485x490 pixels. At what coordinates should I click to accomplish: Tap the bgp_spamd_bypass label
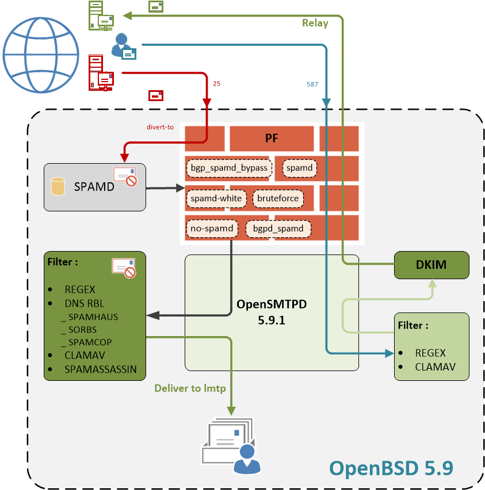tap(228, 168)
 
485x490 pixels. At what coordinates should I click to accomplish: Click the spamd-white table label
tap(216, 198)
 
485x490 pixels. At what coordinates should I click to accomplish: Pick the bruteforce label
tap(278, 198)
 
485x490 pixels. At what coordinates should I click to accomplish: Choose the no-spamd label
tap(212, 228)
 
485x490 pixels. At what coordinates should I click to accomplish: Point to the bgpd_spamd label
tap(278, 228)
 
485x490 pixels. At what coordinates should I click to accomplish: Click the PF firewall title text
tap(272, 138)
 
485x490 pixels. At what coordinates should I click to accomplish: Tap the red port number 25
tap(216, 83)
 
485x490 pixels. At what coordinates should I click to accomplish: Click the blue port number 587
tap(312, 84)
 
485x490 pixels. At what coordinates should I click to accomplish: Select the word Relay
tap(315, 23)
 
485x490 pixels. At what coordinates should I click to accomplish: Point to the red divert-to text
tap(161, 127)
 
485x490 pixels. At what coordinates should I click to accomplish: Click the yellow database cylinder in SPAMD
tap(58, 186)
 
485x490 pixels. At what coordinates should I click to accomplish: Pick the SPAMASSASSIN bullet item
tap(101, 369)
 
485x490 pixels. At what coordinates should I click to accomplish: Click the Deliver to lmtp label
tap(190, 388)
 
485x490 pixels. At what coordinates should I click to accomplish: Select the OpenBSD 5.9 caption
tap(391, 468)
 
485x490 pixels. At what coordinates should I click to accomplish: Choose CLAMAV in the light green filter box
tap(435, 366)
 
